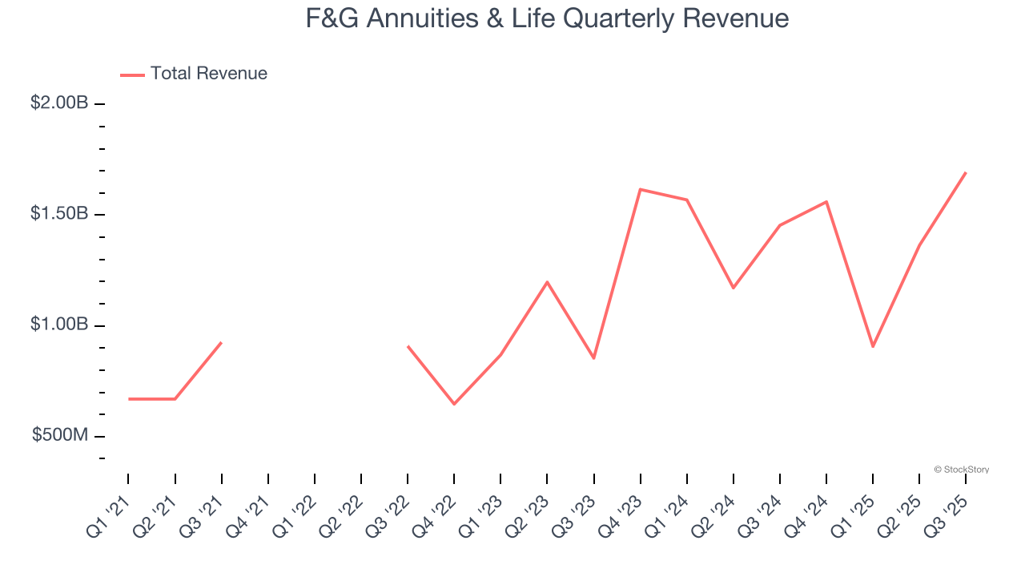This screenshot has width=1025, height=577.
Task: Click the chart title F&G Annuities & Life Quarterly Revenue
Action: point(547,18)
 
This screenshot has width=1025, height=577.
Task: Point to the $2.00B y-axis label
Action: point(59,103)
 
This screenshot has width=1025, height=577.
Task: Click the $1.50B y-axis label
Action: point(59,214)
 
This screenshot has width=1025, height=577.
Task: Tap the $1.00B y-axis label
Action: point(59,325)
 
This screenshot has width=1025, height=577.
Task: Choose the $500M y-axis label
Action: point(60,435)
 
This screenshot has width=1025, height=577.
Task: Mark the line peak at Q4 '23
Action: point(641,189)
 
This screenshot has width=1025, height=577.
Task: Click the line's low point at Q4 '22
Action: point(454,404)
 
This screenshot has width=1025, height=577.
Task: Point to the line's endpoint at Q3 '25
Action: point(966,172)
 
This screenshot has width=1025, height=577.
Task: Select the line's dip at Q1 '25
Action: point(873,346)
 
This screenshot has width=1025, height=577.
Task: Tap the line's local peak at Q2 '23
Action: point(547,282)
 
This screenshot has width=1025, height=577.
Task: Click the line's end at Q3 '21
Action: point(221,343)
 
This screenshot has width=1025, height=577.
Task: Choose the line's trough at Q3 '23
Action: point(593,358)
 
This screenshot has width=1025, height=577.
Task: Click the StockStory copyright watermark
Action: point(962,470)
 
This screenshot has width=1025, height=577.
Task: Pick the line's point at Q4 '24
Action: point(826,202)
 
